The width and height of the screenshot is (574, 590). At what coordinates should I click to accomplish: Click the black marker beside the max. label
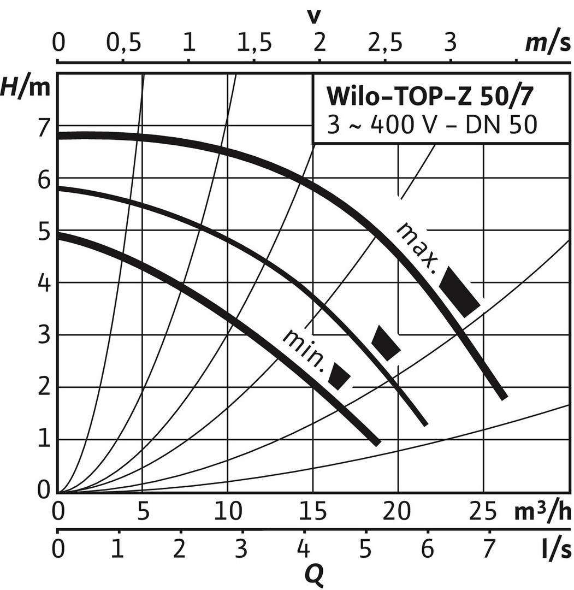tap(460, 292)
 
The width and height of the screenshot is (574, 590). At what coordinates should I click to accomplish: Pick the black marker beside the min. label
tap(339, 376)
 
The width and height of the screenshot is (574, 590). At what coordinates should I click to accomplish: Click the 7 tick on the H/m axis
tap(43, 126)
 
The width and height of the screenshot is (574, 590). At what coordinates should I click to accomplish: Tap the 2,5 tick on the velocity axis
tap(385, 43)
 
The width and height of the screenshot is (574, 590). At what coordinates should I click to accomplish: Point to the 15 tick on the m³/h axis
tap(312, 512)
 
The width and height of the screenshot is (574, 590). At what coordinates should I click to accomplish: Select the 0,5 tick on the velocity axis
tap(123, 43)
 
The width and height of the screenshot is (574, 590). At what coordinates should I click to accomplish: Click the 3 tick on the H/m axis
tap(43, 335)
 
